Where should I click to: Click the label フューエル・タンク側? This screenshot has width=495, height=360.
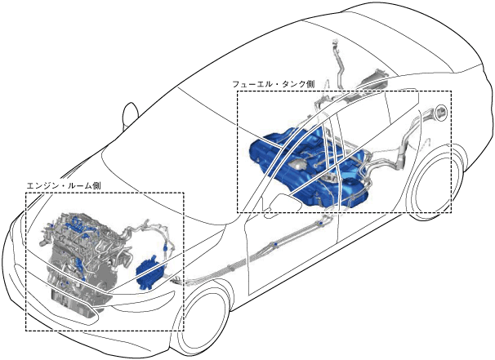point(274,83)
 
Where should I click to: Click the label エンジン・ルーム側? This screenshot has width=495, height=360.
point(63,186)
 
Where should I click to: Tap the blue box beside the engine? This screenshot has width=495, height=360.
point(149,272)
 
